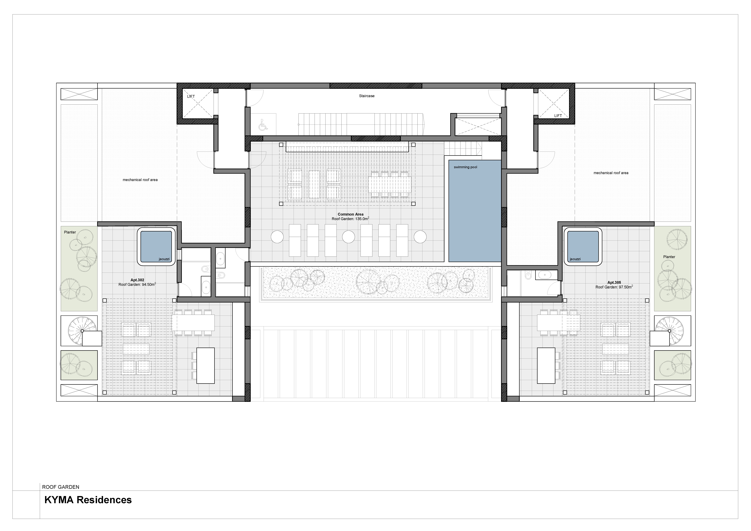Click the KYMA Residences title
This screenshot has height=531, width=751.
tap(88, 500)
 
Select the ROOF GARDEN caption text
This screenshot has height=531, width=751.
tap(60, 487)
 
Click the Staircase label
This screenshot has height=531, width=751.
tap(367, 96)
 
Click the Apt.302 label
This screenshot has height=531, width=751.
tap(137, 280)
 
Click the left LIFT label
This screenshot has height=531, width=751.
tap(191, 96)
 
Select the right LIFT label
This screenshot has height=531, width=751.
tap(558, 115)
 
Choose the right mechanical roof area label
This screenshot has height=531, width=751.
tap(611, 173)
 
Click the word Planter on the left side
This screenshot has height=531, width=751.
tap(70, 232)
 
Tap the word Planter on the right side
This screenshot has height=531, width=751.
tap(669, 257)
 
